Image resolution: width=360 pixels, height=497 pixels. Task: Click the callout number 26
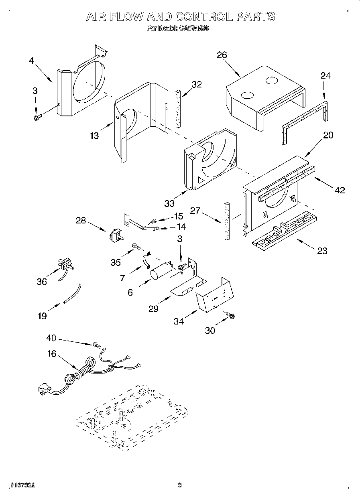222,55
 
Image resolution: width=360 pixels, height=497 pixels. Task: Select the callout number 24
325,76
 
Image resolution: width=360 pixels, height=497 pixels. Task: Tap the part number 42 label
340,190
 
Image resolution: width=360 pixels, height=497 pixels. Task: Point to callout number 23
322,251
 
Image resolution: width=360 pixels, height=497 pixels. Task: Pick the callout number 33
169,203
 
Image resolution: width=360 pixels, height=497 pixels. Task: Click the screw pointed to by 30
230,316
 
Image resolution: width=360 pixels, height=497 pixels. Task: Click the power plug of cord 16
44,389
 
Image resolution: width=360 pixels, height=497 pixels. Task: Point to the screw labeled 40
96,344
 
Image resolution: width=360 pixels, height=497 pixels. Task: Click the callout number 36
42,282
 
